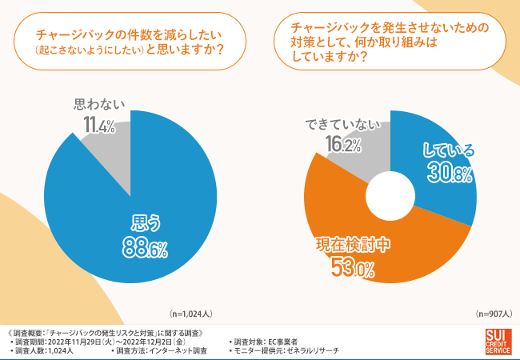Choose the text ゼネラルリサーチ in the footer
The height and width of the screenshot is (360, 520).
[313, 351]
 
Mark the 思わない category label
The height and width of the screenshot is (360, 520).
[99, 104]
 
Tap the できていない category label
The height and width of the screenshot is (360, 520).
[339, 124]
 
